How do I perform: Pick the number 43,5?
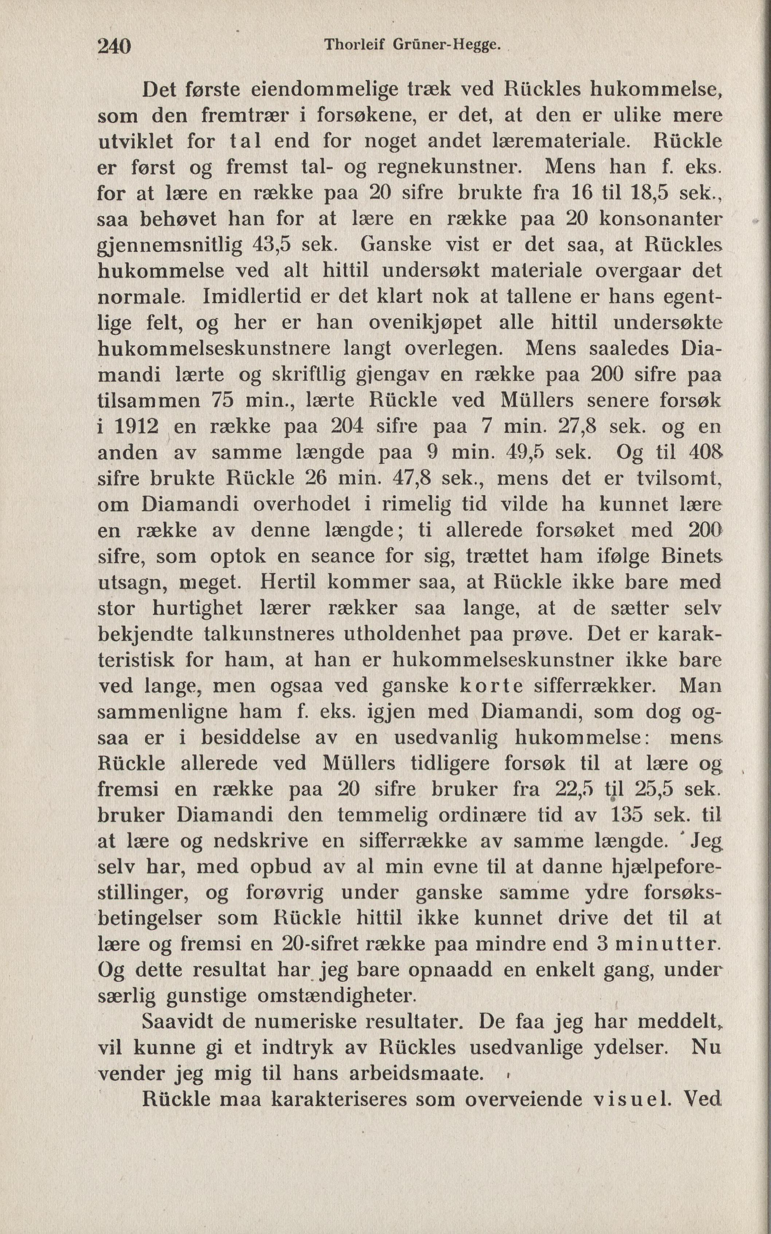tap(271, 245)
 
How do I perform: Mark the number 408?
tap(705, 452)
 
